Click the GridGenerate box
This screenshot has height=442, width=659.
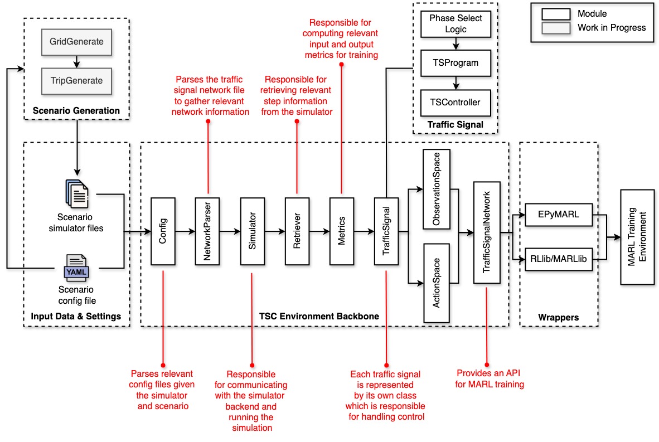tap(77, 41)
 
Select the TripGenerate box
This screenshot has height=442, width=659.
tap(77, 80)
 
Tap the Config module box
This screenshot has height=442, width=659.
tap(163, 231)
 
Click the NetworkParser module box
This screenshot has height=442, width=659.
tap(207, 231)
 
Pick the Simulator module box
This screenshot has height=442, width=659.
tap(252, 231)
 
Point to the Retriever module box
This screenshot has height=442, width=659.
tap(297, 231)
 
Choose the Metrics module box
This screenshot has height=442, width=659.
tap(341, 231)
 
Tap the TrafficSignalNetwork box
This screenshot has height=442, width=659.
tap(487, 231)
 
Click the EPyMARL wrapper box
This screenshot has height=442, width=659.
tap(559, 215)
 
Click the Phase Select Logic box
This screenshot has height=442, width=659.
tap(456, 23)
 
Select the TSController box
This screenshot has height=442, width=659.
tap(456, 102)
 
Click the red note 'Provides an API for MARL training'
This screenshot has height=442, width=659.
tap(490, 378)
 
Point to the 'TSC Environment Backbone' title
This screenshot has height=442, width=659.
tap(319, 316)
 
